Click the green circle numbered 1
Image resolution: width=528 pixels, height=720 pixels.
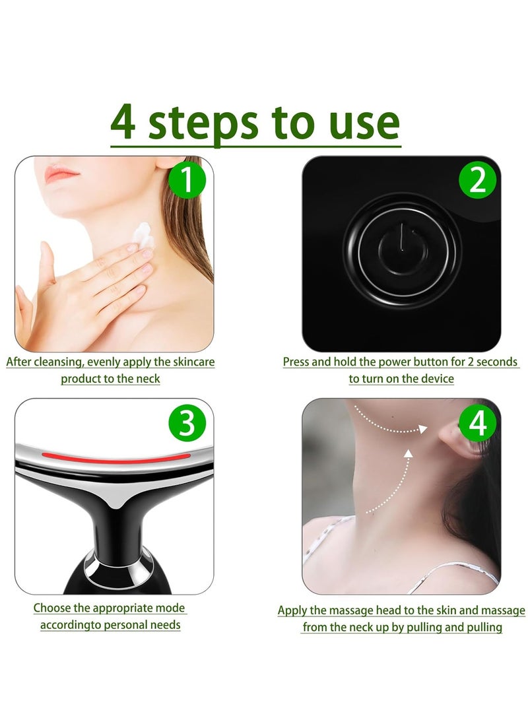187,180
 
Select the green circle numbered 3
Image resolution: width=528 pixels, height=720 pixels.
187,423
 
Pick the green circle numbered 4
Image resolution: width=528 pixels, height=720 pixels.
477,423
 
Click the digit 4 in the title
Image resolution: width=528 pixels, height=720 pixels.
123,122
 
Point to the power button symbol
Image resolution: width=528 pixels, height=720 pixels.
403,250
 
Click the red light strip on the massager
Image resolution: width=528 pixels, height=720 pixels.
116,458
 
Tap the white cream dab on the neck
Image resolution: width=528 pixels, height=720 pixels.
143,235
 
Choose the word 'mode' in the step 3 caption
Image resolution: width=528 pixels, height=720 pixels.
170,608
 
